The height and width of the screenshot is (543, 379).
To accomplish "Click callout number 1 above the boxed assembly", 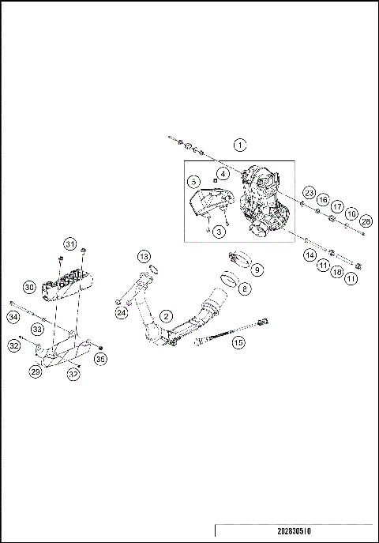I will (240, 145).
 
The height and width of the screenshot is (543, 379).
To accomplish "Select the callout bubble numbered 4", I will (223, 173).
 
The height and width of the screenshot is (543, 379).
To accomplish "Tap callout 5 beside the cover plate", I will (219, 231).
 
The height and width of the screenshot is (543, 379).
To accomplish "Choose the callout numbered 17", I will (336, 206).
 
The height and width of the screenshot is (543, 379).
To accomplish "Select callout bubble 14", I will (310, 255).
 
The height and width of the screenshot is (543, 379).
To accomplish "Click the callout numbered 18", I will (337, 271).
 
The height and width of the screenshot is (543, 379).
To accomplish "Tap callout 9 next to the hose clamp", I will (257, 270).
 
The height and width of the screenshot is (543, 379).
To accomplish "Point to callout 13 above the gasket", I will (143, 257).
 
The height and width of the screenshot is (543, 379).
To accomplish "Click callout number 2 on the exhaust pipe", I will (166, 315).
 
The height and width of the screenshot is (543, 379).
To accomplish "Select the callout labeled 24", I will (121, 312).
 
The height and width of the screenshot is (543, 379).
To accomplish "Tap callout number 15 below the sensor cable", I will (238, 341).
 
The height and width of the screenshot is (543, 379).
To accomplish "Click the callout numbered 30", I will (29, 287).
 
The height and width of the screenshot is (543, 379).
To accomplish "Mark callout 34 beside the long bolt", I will (13, 317).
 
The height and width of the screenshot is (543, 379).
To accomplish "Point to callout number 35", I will (99, 358).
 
